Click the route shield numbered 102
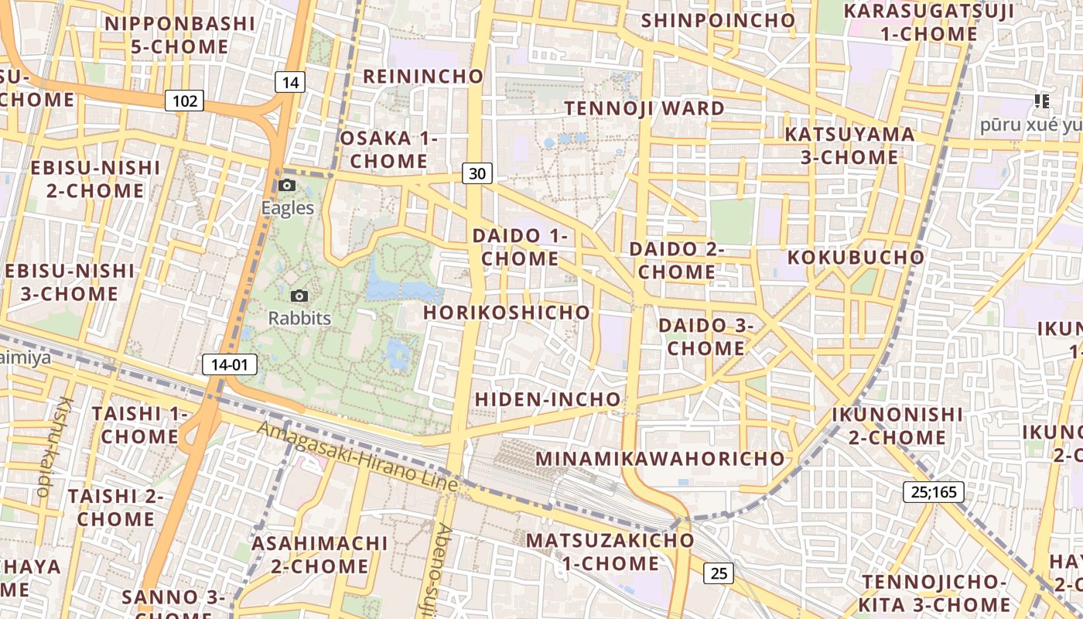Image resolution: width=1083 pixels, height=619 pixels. tap(184, 101)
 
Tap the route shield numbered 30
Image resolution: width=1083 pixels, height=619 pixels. tap(477, 173)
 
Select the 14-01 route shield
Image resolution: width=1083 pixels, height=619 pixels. tap(230, 364)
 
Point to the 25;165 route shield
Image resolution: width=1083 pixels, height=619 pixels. tap(934, 491)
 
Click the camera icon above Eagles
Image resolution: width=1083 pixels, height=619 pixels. tap(287, 186)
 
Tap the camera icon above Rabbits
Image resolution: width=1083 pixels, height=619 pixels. tap(299, 296)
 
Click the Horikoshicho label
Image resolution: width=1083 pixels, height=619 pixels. tap(507, 313)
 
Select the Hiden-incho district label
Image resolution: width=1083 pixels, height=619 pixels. tap(548, 399)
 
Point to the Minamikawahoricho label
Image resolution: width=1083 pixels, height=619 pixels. tap(661, 458)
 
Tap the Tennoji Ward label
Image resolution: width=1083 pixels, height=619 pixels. tap(644, 108)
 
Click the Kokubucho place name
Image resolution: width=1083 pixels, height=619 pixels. tap(856, 257)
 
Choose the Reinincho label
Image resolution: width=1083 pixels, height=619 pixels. tap(423, 76)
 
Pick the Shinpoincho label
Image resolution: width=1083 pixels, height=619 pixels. tap(718, 20)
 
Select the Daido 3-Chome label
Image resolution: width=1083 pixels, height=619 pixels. tap(705, 337)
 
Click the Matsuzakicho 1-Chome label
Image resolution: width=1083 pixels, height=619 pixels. tap(610, 551)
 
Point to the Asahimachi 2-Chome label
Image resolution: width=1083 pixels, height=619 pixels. tap(319, 554)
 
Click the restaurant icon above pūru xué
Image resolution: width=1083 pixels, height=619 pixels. tap(1041, 101)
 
